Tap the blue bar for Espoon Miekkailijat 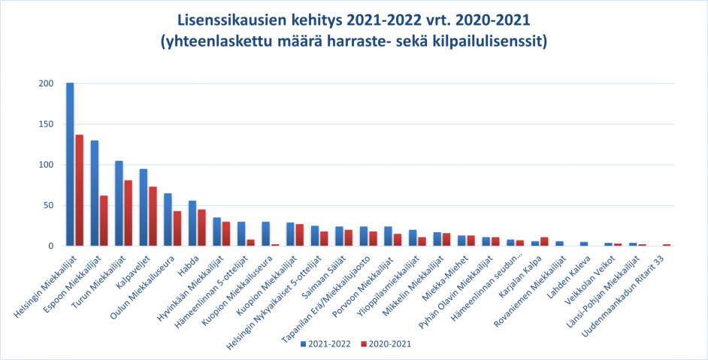click(95, 193)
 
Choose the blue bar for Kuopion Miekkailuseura click(266, 234)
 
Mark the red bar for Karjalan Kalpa click(544, 241)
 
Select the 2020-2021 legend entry click(386, 343)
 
